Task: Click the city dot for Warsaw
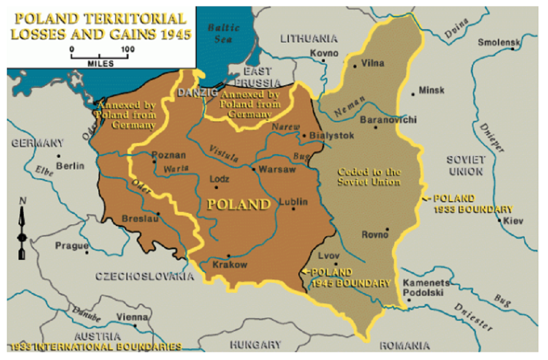point(254,170)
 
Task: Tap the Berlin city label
point(70,166)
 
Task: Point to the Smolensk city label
point(499,42)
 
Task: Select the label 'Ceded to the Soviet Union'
point(369,177)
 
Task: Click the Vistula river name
point(224,153)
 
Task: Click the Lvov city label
point(328,256)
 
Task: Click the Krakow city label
point(230,265)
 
